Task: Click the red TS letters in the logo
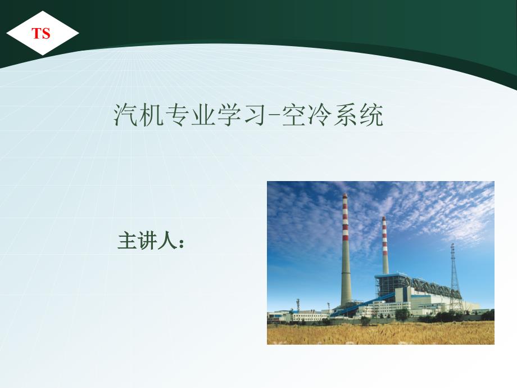coord(41,33)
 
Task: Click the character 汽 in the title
coord(126,115)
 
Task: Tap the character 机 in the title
coord(152,115)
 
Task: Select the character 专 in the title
coord(178,115)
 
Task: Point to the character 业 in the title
coord(203,115)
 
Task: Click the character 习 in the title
coord(255,115)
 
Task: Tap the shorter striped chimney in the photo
coord(385,245)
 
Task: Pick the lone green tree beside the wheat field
coord(402,315)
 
